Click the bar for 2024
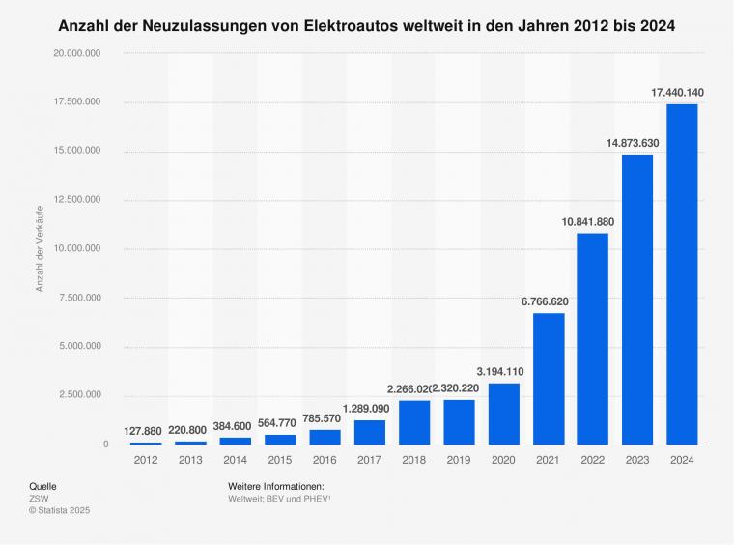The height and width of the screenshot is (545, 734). pyautogui.click(x=682, y=274)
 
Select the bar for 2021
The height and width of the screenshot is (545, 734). pyautogui.click(x=548, y=379)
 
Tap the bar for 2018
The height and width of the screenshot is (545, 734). pyautogui.click(x=413, y=422)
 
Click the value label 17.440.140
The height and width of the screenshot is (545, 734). pyautogui.click(x=677, y=93)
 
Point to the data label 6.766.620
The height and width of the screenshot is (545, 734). pyautogui.click(x=545, y=301)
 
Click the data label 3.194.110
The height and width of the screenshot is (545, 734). pyautogui.click(x=499, y=371)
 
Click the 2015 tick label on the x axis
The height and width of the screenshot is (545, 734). pyautogui.click(x=279, y=461)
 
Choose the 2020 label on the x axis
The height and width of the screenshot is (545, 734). pyautogui.click(x=503, y=461)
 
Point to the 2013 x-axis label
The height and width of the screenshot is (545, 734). pyautogui.click(x=189, y=461)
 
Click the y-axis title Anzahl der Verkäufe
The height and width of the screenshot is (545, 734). pyautogui.click(x=41, y=248)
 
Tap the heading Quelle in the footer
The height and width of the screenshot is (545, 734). pyautogui.click(x=43, y=485)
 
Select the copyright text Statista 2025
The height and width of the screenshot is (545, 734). pyautogui.click(x=65, y=509)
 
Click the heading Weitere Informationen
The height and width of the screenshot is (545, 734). pyautogui.click(x=275, y=485)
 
